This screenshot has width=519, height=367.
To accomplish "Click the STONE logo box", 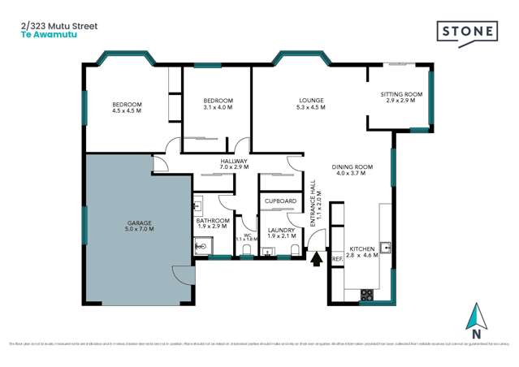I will [468, 32].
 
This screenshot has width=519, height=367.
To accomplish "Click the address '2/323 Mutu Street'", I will [58, 26].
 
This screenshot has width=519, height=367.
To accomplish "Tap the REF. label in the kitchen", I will [337, 259].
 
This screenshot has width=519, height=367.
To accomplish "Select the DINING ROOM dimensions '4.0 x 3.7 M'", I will [352, 173].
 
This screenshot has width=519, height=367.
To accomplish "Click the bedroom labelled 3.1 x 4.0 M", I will [218, 103].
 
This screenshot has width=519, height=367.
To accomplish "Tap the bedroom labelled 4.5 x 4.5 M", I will [127, 107].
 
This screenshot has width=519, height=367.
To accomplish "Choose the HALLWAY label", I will [234, 161].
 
